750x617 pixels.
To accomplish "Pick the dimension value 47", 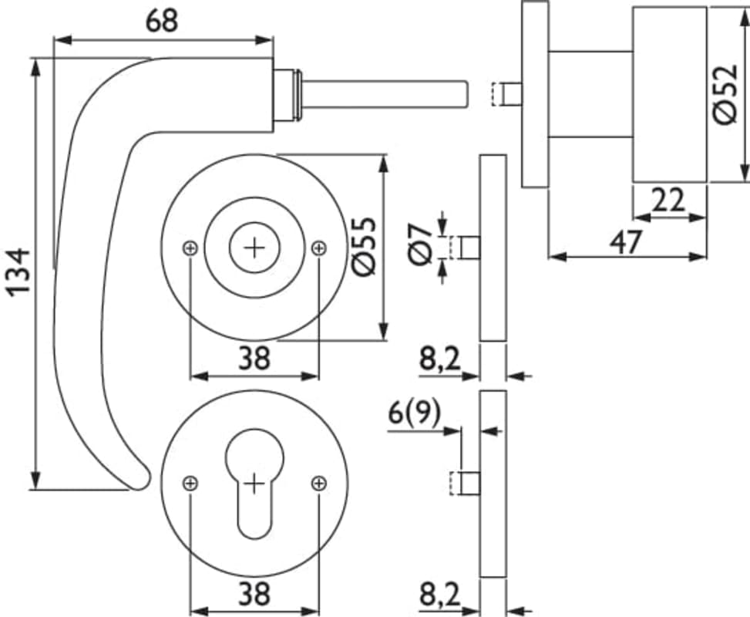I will (625, 242).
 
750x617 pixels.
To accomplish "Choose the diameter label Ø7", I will (420, 244).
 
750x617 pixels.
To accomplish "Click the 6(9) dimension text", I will (414, 414).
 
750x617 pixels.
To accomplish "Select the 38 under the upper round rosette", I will (254, 358).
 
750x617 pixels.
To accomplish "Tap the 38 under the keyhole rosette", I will (254, 594).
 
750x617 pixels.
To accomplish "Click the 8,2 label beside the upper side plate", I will (439, 359).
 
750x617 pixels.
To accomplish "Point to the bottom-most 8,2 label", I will (439, 594).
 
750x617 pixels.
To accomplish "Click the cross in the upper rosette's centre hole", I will (254, 248).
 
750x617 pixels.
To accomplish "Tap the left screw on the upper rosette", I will (190, 248).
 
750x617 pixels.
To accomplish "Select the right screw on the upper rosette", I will (319, 248).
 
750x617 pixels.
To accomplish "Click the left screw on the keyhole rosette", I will (190, 484).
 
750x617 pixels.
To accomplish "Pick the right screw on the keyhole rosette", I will (319, 484).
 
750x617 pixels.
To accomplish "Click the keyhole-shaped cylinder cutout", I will (254, 486).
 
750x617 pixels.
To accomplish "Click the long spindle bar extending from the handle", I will (385, 93).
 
